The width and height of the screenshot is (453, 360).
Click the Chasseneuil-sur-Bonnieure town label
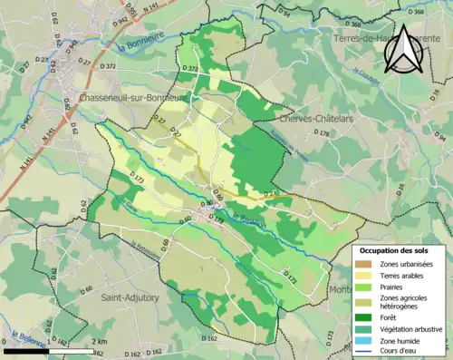tap(132, 97)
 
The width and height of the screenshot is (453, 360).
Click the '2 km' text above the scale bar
tap(100, 341)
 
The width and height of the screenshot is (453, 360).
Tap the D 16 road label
tap(436, 92)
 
